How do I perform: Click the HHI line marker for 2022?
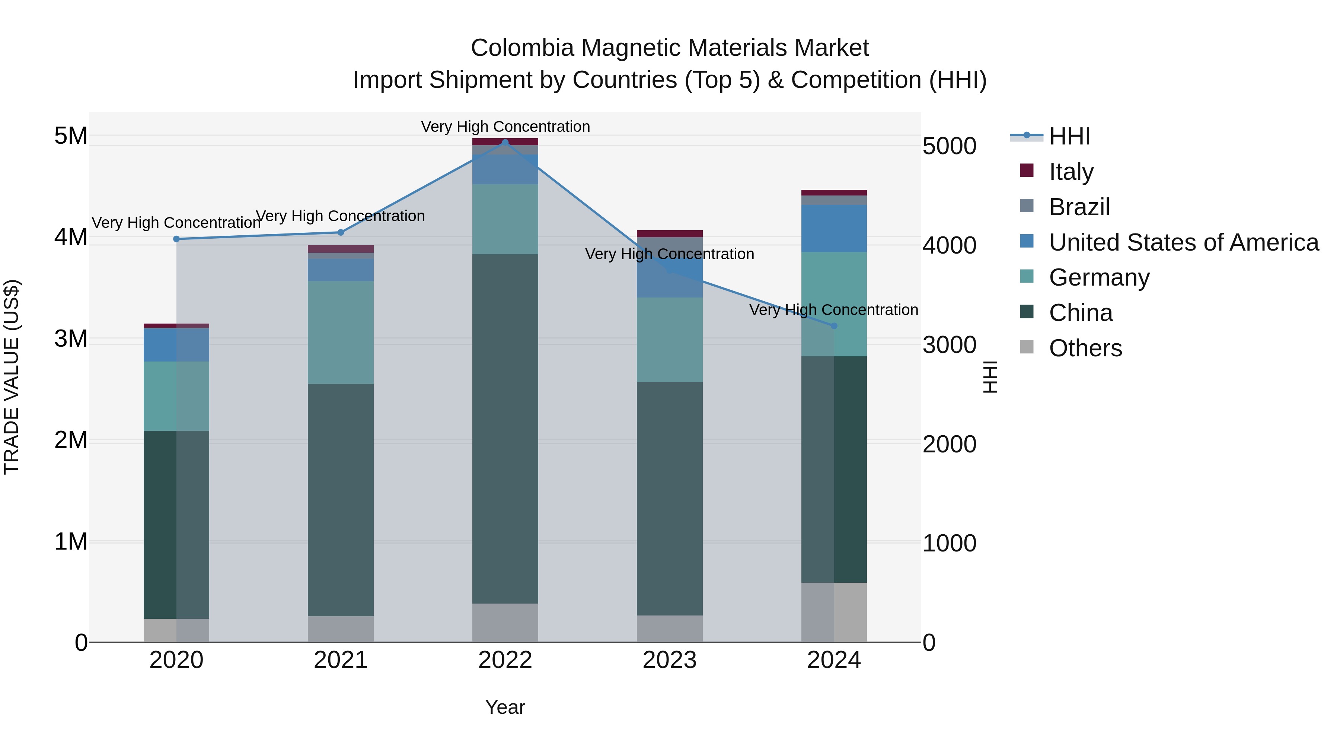505,142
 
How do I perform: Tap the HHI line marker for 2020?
176,239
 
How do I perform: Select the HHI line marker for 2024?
834,326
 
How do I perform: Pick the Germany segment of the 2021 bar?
341,333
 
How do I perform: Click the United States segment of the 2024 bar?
834,229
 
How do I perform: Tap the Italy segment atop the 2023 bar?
670,233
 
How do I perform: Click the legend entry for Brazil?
1079,207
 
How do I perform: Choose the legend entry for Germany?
1099,277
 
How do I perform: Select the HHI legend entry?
1069,136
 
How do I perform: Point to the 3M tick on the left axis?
71,339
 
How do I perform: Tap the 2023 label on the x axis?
670,660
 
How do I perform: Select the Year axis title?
505,707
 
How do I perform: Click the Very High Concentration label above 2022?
505,127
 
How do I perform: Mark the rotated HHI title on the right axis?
990,377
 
